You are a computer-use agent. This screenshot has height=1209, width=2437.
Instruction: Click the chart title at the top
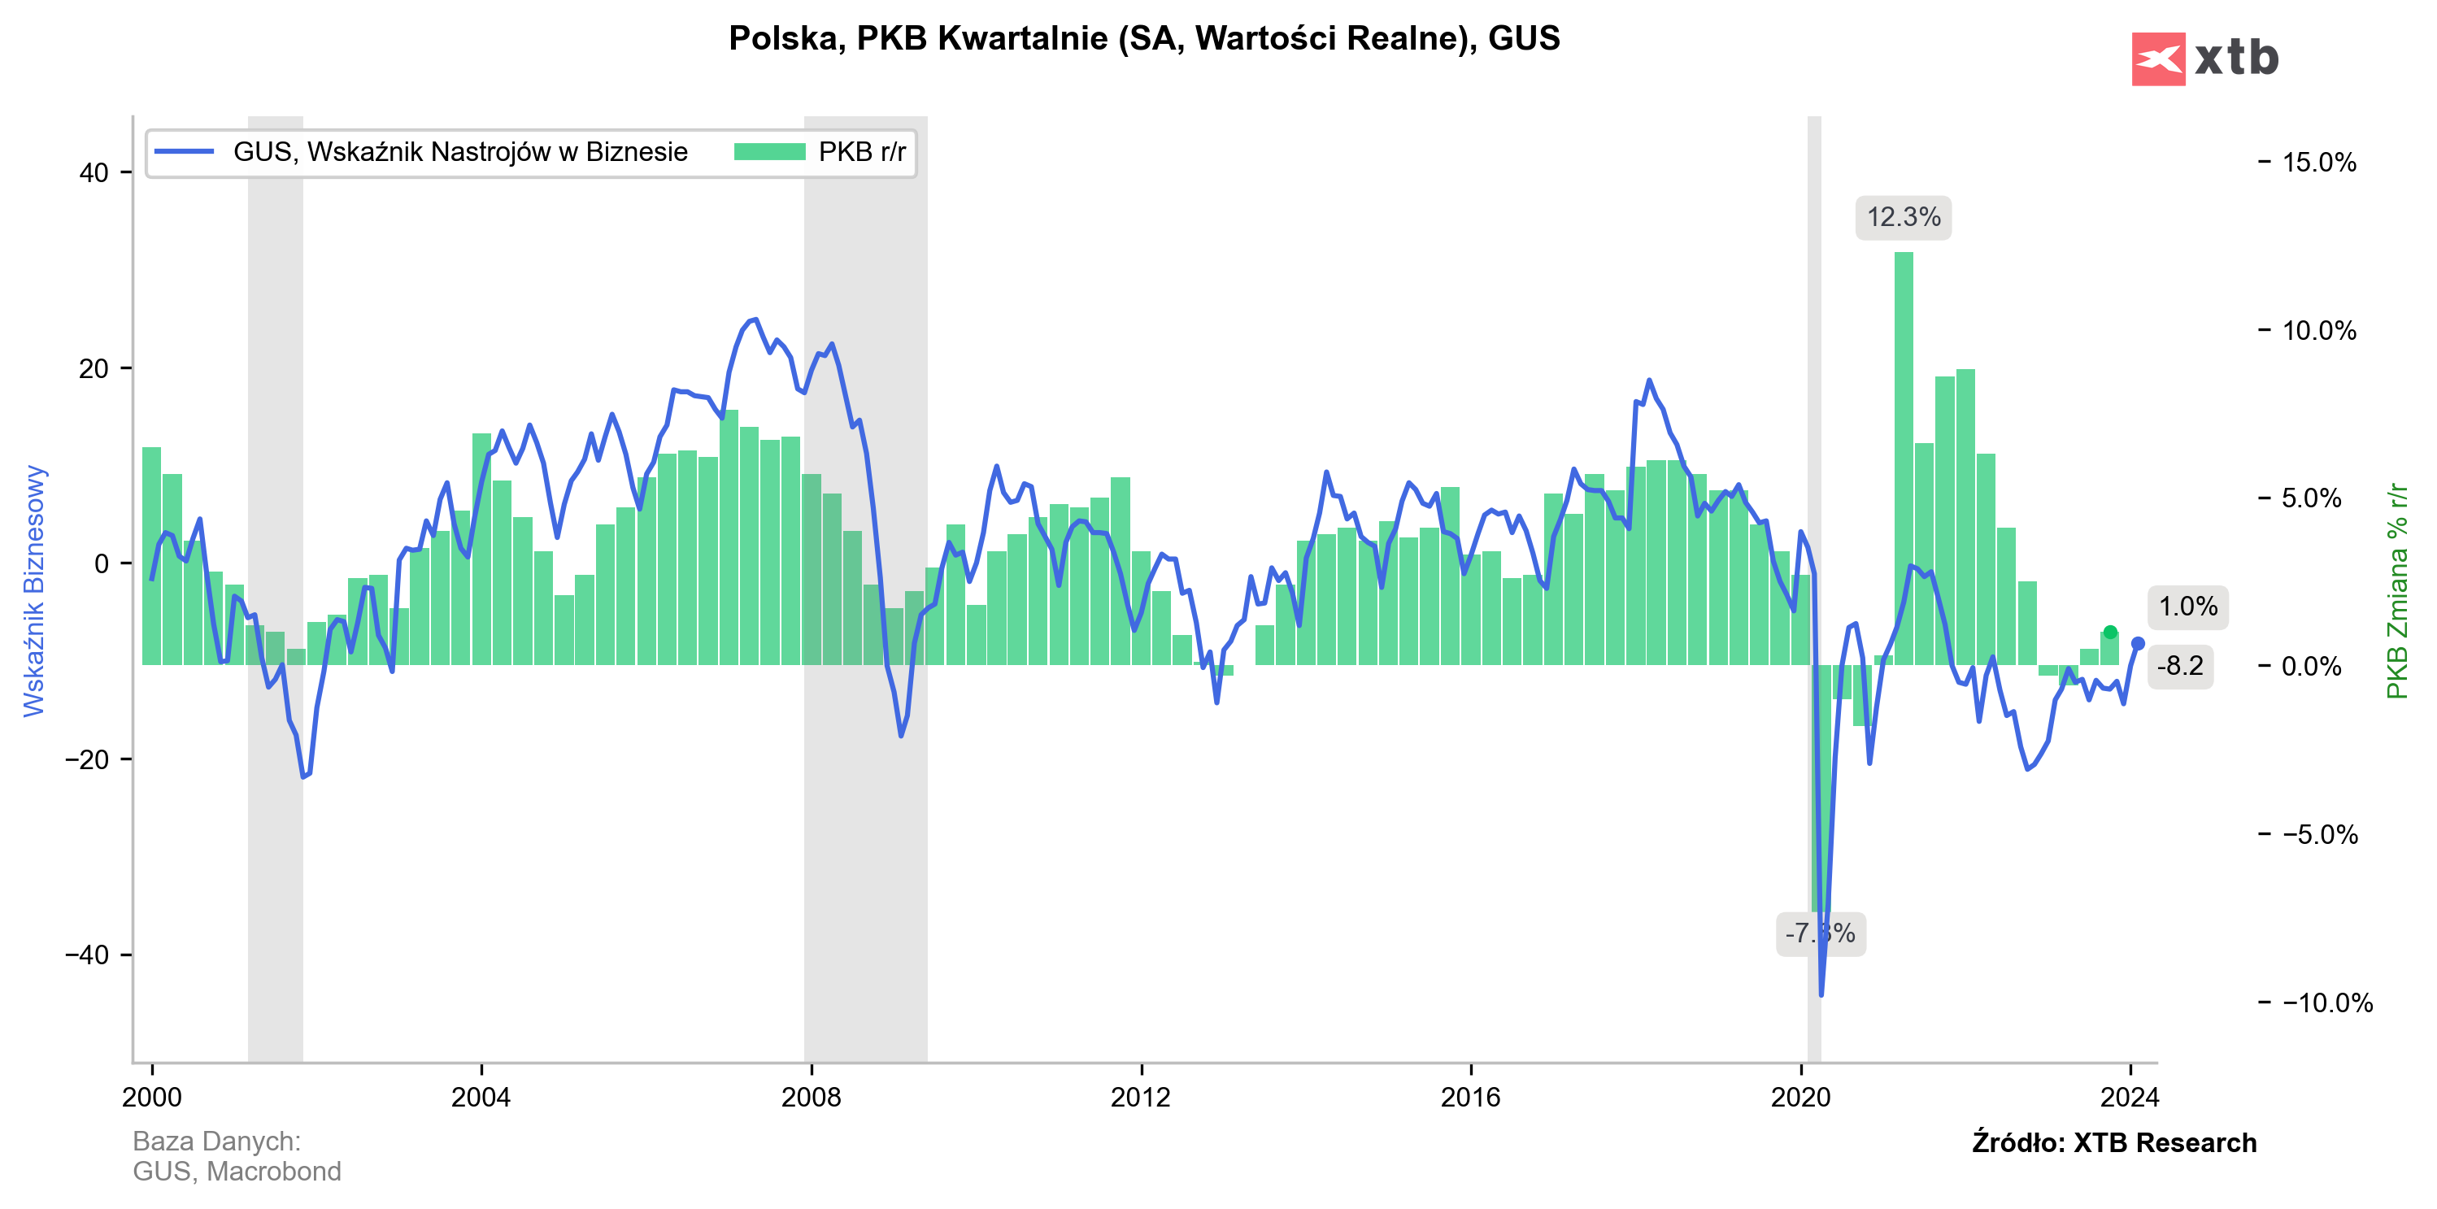pyautogui.click(x=1144, y=39)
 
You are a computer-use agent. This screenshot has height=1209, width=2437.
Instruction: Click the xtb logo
pyautogui.click(x=2204, y=59)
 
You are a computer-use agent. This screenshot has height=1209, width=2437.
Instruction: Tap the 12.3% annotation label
pyautogui.click(x=1903, y=218)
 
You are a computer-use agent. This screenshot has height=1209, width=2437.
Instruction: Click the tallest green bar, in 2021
pyautogui.click(x=1904, y=454)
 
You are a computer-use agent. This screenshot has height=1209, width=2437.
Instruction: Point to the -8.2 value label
pyautogui.click(x=2180, y=666)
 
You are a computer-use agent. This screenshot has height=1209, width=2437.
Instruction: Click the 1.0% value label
pyautogui.click(x=2187, y=607)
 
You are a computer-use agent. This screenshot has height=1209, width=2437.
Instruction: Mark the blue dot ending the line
pyautogui.click(x=2137, y=644)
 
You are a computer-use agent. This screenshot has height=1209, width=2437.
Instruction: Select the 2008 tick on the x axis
pyautogui.click(x=811, y=1098)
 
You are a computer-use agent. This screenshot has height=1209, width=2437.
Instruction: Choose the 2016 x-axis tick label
pyautogui.click(x=1470, y=1098)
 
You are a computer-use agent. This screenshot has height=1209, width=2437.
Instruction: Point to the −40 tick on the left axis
pyautogui.click(x=87, y=955)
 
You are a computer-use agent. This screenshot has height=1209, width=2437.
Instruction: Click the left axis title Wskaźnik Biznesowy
pyautogui.click(x=34, y=590)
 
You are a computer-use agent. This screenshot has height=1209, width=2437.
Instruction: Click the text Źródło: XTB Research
pyautogui.click(x=2113, y=1143)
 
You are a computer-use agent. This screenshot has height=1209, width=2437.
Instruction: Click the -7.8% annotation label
pyautogui.click(x=1819, y=933)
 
